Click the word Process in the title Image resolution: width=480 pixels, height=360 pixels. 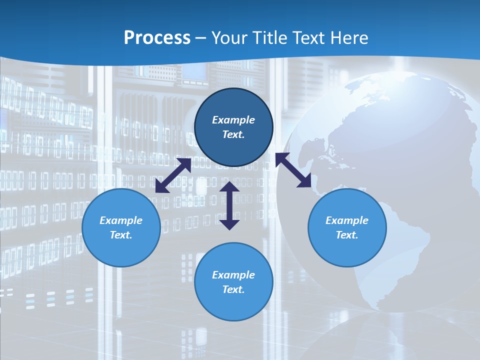(x=157, y=38)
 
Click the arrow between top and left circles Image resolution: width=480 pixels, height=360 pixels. (x=173, y=175)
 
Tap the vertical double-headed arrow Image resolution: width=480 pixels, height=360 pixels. (x=229, y=205)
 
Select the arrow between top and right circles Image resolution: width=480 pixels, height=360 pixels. (x=293, y=170)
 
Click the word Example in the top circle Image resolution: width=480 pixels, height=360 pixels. (x=233, y=120)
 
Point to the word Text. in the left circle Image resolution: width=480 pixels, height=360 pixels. (x=121, y=235)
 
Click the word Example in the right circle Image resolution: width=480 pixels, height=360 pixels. (x=347, y=220)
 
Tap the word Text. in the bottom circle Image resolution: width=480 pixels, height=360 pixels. (x=233, y=289)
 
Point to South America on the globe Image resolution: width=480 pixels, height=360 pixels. (x=400, y=250)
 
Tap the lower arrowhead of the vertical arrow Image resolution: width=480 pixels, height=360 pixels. (x=229, y=224)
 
